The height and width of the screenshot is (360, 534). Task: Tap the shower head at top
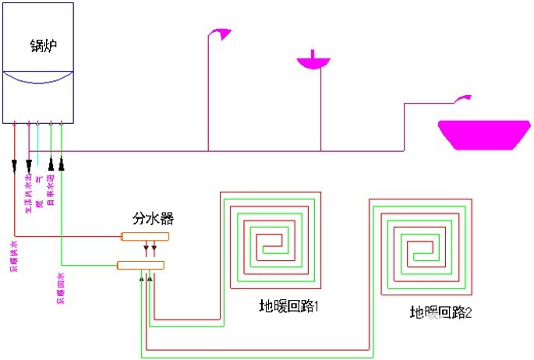point(221,34)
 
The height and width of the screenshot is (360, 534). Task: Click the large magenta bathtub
point(480,133)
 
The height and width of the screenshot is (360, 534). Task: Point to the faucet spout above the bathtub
point(464,98)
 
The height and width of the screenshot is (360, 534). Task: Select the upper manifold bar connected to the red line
point(144,236)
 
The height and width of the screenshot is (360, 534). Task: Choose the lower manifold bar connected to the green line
point(140,265)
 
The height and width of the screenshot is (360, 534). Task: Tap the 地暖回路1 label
point(290,305)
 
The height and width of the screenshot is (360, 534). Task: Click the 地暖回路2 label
point(440,312)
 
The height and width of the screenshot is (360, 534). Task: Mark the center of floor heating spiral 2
point(421,251)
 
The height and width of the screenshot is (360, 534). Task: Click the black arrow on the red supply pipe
point(15,165)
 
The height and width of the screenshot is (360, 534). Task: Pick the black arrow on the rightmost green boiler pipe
point(62,164)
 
